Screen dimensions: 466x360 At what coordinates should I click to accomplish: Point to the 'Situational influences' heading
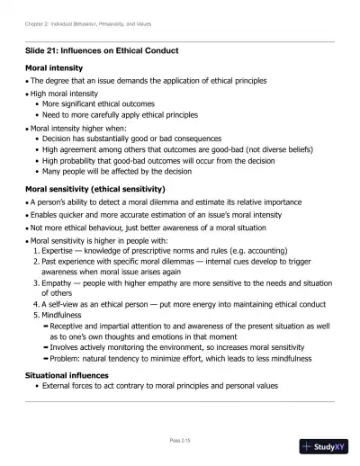coord(72,373)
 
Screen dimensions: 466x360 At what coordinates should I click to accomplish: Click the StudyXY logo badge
coord(328,447)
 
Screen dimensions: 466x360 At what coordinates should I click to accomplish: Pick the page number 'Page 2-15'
coord(180,441)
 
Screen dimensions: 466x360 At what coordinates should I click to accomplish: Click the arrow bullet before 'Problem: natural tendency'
coord(46,355)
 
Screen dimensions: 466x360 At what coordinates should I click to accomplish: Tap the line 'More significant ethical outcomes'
coord(98,103)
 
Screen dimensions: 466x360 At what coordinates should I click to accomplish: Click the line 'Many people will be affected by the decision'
coord(116,171)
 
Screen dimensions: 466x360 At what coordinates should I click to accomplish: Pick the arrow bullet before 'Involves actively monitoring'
coord(46,345)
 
